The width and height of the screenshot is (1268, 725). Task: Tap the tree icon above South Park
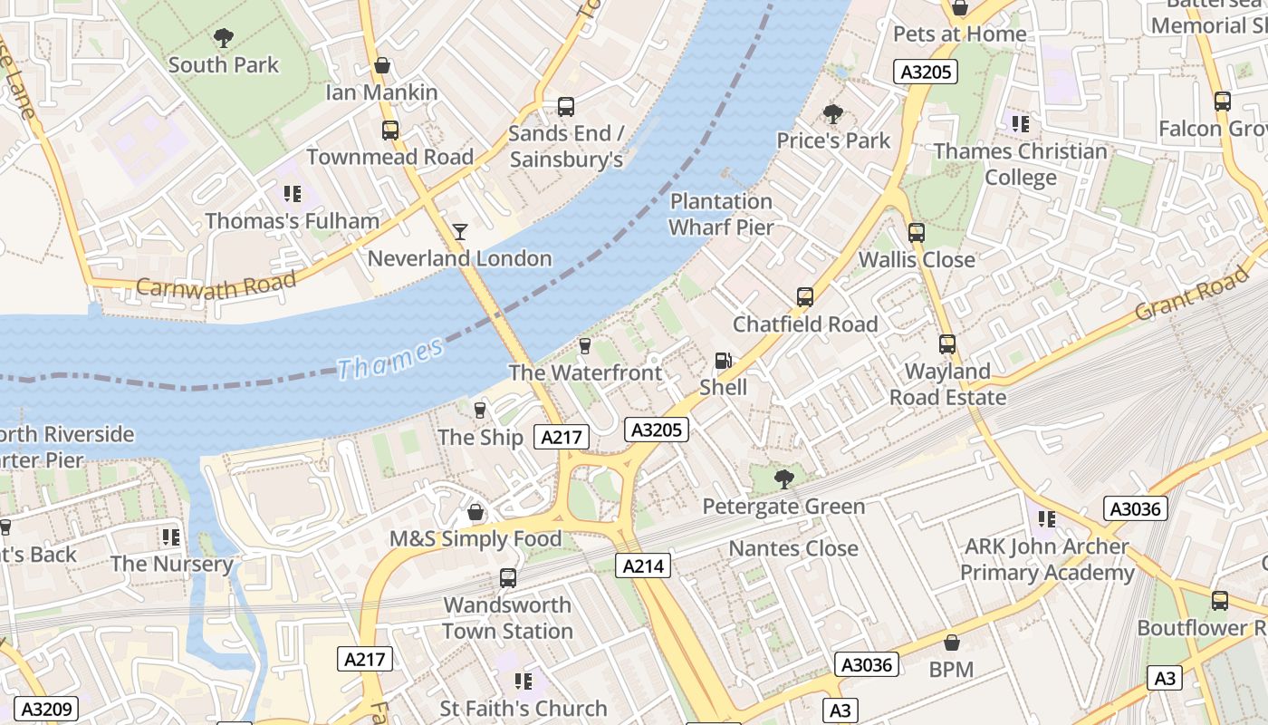point(223,38)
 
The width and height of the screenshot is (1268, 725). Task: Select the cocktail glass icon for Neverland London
point(460,232)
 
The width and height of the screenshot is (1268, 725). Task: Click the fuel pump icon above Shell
point(723,361)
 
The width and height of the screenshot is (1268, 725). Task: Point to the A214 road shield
point(644,566)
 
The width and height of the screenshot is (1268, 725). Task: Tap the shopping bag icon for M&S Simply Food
point(475,513)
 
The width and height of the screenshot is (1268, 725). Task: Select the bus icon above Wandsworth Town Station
point(508,578)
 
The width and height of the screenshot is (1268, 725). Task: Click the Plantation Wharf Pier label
point(722,214)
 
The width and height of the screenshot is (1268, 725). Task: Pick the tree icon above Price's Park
point(833,114)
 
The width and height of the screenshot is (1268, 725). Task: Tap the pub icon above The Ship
point(480,411)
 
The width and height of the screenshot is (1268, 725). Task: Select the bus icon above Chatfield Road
point(804,297)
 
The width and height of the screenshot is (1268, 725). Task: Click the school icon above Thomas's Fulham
point(292,194)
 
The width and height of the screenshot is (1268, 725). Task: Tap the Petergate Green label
point(783,506)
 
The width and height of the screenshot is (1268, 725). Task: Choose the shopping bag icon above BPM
point(951,643)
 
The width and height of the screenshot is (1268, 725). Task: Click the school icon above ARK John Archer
point(1047,519)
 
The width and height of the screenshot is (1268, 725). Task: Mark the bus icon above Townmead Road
point(390,130)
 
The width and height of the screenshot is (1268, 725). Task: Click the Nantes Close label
point(793,548)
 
